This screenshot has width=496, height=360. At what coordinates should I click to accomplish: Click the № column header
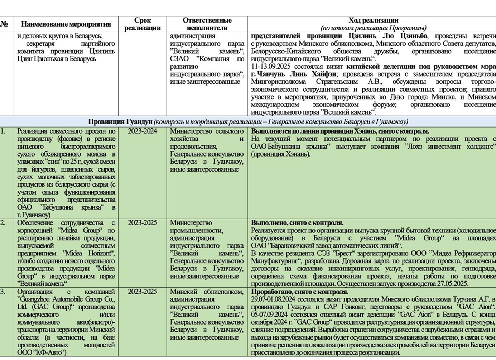pos(4,24)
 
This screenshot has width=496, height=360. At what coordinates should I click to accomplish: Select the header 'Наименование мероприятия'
pos(66,24)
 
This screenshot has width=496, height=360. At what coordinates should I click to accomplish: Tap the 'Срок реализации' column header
pos(143,24)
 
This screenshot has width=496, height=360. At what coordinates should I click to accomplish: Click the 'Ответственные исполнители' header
pos(207,24)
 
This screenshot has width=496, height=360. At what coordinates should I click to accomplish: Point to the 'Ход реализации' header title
pos(373,20)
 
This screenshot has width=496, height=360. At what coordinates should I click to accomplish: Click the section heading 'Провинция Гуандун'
pos(120,122)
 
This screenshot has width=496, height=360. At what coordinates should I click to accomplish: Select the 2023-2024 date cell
pos(143,131)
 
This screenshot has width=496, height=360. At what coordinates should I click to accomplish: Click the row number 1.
pos(3,131)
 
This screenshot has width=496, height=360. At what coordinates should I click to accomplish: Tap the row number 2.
pos(3,223)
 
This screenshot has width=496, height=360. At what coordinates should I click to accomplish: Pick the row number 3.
pos(3,292)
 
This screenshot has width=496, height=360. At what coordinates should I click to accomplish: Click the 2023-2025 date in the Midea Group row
pos(143,223)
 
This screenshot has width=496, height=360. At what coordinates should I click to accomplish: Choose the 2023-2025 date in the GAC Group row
pos(143,292)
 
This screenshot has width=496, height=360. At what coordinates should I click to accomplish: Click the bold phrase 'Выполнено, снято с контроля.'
pos(297,223)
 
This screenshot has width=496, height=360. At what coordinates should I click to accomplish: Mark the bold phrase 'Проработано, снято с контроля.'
pos(299,292)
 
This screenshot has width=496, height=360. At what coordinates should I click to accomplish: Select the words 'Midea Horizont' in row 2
pos(88,253)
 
